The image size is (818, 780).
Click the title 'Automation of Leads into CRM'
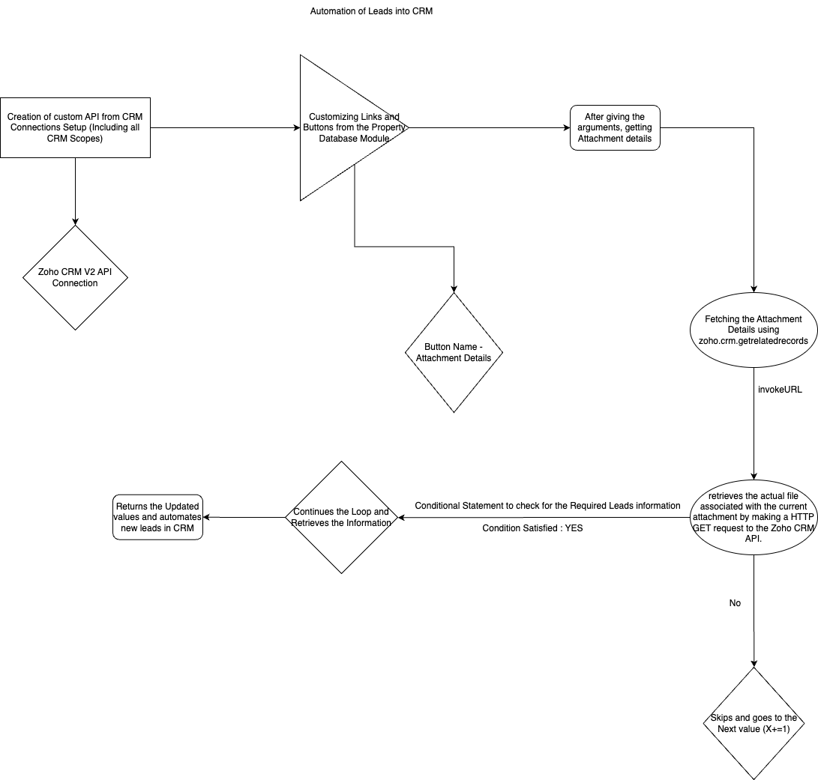[x=371, y=12]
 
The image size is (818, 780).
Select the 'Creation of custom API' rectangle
[x=75, y=127]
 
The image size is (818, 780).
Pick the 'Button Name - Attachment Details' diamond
[x=454, y=352]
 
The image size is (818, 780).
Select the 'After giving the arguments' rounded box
[x=615, y=127]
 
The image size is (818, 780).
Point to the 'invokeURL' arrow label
[x=781, y=390]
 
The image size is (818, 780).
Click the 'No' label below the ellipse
[x=735, y=603]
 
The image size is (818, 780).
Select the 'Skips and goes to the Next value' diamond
[x=753, y=723]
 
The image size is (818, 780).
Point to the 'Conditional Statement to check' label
[x=537, y=506]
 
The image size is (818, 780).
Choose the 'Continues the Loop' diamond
[x=341, y=517]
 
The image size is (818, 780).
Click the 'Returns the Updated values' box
[x=157, y=517]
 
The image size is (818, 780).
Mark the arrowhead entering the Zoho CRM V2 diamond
[x=75, y=222]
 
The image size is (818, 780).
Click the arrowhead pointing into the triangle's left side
[x=295, y=127]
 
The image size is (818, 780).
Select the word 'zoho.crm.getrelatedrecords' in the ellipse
[x=753, y=340]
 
